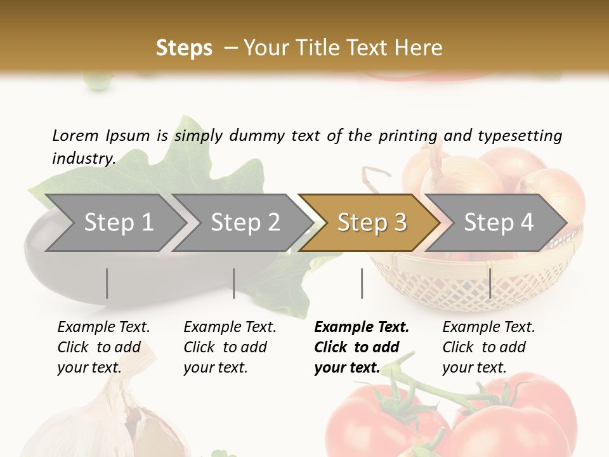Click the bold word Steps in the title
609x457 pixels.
(184, 48)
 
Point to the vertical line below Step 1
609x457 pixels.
(107, 283)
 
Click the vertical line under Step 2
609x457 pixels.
(234, 283)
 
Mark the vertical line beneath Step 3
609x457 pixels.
(362, 283)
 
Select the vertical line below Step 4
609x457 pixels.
(490, 283)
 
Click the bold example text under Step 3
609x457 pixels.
(362, 347)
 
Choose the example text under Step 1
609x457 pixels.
(103, 347)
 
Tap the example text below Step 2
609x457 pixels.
(230, 347)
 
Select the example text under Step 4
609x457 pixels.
(488, 347)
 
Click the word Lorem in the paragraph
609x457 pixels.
(75, 136)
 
